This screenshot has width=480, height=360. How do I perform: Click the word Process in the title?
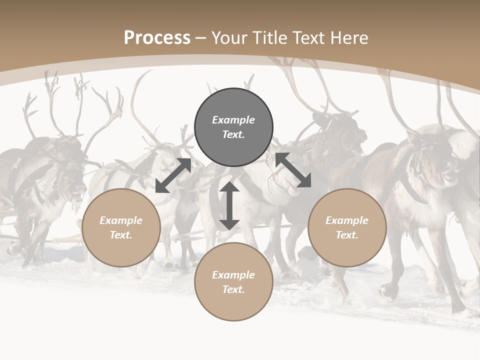(x=157, y=38)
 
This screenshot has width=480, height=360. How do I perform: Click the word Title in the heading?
(x=269, y=38)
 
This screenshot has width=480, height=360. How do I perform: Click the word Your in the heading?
(x=230, y=38)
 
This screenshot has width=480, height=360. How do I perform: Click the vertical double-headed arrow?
(x=229, y=205)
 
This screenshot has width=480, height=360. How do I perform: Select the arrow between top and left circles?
(x=173, y=175)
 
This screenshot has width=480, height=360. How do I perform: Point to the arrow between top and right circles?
(x=293, y=170)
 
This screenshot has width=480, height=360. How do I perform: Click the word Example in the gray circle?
(x=233, y=120)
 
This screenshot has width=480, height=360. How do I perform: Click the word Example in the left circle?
(x=121, y=220)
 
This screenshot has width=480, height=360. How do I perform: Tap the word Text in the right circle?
(x=347, y=235)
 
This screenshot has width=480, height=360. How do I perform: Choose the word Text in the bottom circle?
(x=233, y=289)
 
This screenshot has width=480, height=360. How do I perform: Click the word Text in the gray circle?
(x=233, y=134)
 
